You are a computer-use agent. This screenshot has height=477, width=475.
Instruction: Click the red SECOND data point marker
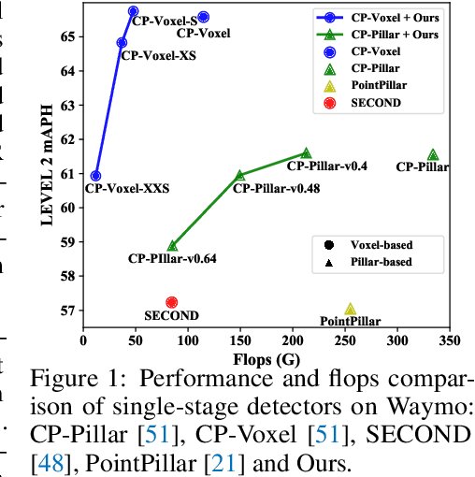pos(171,302)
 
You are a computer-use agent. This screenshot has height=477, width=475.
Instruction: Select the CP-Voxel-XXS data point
pos(95,175)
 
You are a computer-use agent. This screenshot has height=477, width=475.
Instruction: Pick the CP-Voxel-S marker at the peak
pos(133,11)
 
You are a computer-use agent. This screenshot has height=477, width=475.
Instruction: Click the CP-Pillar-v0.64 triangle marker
pos(172,245)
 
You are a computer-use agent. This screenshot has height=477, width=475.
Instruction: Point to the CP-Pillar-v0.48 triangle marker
pos(239,175)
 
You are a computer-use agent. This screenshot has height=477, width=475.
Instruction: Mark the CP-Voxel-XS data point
pos(122,42)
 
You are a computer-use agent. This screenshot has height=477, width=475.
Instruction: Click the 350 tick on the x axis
pos(449,340)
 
